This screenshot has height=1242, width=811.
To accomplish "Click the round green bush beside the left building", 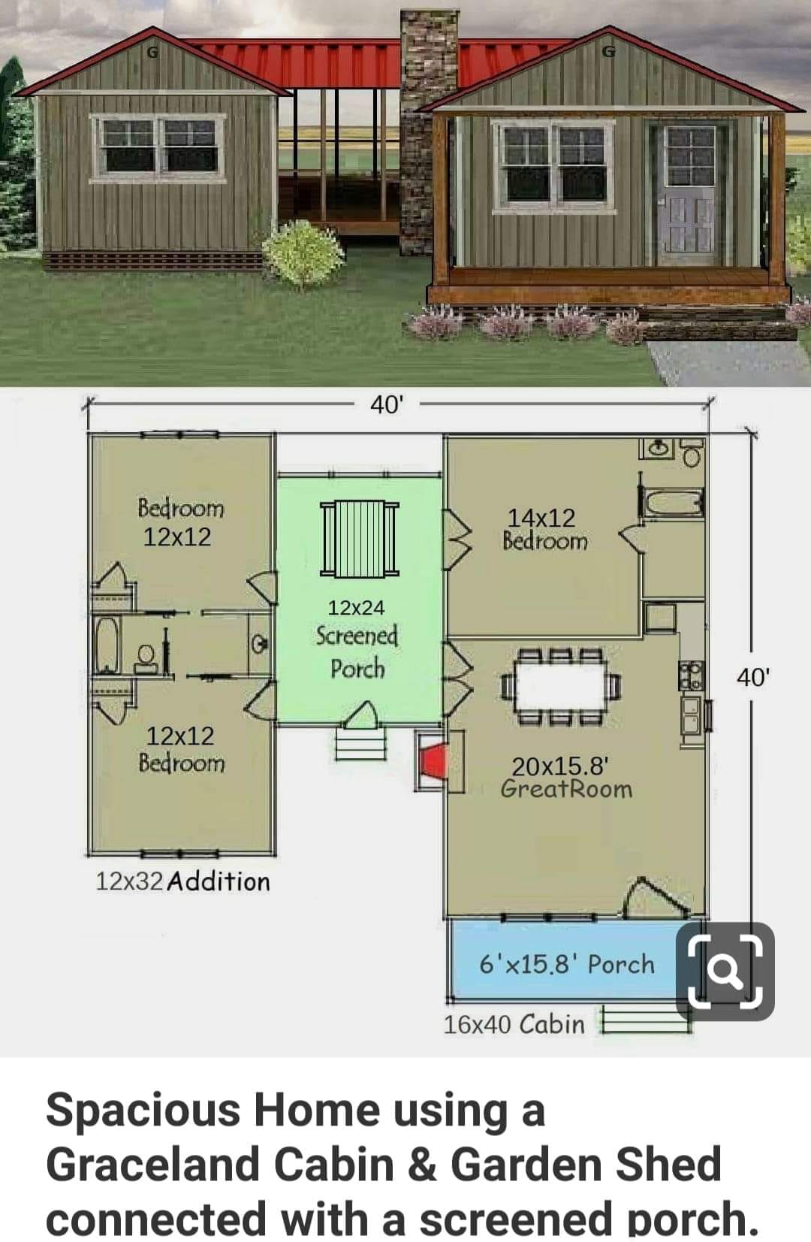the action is [303, 253].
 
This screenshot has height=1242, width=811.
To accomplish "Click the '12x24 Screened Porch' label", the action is [357, 638].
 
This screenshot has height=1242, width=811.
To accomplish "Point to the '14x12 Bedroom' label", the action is [545, 529].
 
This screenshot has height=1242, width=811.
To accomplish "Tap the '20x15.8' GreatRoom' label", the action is [566, 778].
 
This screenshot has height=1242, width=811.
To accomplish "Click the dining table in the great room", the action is [560, 686].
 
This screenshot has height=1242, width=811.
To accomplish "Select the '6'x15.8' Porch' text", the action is [567, 964].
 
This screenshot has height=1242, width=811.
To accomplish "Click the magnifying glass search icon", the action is [725, 972].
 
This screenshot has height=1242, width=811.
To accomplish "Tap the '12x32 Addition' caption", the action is [182, 881].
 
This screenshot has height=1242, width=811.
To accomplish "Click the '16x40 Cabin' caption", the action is [514, 1024].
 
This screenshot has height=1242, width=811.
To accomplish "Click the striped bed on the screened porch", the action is [360, 539].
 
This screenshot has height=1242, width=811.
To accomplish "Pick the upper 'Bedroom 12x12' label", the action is [179, 522].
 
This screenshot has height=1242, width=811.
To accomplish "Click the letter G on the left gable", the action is [152, 53].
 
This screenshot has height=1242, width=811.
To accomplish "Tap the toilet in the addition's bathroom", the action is [146, 659].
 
